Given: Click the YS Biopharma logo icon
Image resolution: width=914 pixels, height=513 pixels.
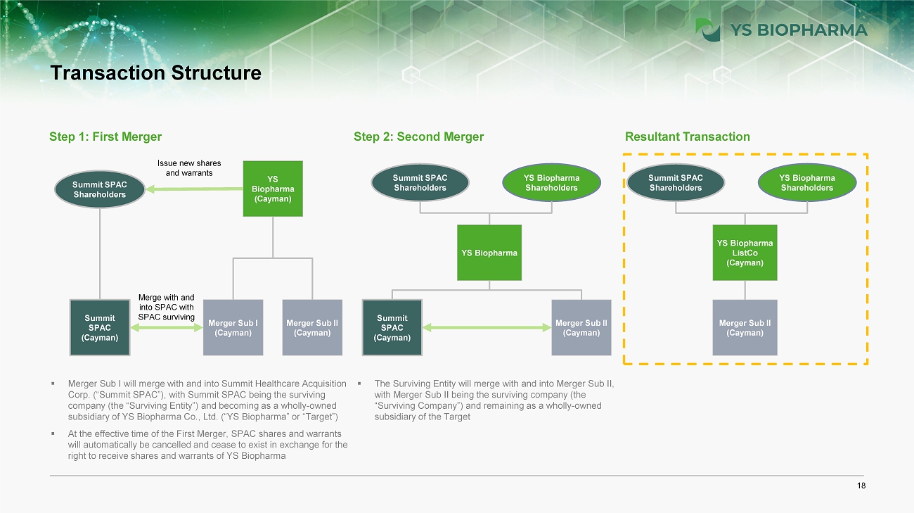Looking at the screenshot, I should [707, 30].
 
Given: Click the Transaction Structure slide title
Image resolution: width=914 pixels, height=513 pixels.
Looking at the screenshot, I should [155, 73].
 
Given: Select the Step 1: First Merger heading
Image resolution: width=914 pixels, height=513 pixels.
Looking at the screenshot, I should [105, 137].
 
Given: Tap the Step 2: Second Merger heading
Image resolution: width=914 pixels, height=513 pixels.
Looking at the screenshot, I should [419, 137].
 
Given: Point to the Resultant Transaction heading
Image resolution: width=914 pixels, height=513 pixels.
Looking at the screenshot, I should [688, 137].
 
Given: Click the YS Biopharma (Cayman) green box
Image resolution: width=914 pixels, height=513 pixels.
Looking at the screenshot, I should [273, 189].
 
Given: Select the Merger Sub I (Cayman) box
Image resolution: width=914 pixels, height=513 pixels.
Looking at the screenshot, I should [233, 327].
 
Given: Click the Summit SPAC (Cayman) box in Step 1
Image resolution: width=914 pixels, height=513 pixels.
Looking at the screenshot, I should [100, 327].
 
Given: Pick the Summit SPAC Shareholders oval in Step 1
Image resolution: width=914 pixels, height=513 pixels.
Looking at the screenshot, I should [100, 189].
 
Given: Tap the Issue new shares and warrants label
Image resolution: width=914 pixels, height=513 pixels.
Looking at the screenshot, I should [188, 167].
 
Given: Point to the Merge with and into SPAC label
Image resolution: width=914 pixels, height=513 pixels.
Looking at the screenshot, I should [166, 308].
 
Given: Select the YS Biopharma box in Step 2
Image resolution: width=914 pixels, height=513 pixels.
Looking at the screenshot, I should [489, 253].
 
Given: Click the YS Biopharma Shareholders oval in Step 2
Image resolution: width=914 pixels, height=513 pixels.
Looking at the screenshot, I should [551, 183].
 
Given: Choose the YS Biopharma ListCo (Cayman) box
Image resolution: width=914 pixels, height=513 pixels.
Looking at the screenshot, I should [745, 253].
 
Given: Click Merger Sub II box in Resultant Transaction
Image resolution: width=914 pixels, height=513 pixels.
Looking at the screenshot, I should [745, 327].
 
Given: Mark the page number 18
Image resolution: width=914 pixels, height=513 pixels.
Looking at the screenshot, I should [862, 486].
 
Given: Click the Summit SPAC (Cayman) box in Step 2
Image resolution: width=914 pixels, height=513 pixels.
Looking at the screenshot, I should [392, 327].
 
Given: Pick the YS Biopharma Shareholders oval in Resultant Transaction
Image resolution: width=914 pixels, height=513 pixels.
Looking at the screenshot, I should [806, 183].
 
